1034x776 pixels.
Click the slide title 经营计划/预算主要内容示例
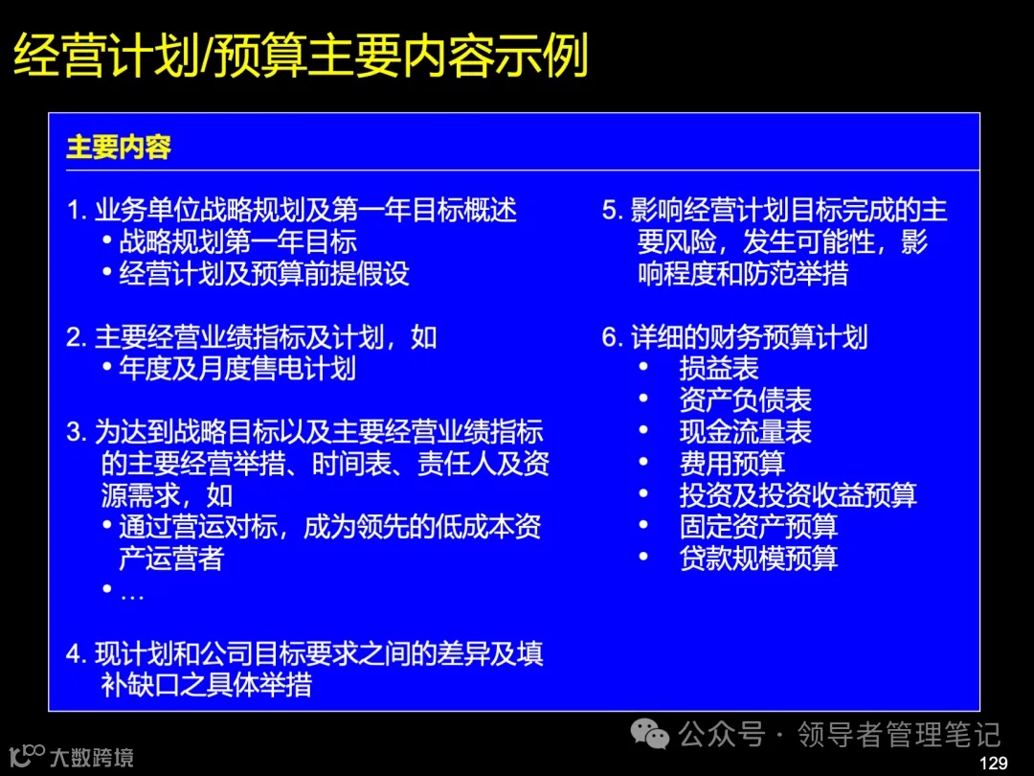pos(300,57)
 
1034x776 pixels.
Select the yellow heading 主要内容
pos(119,148)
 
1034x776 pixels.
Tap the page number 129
pos(995,763)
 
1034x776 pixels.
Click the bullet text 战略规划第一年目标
pos(237,241)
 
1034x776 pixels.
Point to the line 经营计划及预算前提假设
pos(263,273)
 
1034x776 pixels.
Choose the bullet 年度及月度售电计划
pos(237,368)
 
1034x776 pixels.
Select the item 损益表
pos(718,368)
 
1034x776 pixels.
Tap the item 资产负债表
pos(745,399)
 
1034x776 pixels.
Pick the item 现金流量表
pos(745,431)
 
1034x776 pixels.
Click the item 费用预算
pos(731,463)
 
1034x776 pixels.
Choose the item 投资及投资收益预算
pos(798,494)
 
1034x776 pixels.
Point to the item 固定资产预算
pos(758,526)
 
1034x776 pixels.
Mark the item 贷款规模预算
pos(758,558)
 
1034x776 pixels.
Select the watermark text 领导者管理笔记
pos(899,736)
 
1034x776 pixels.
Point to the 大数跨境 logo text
pos(93,758)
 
